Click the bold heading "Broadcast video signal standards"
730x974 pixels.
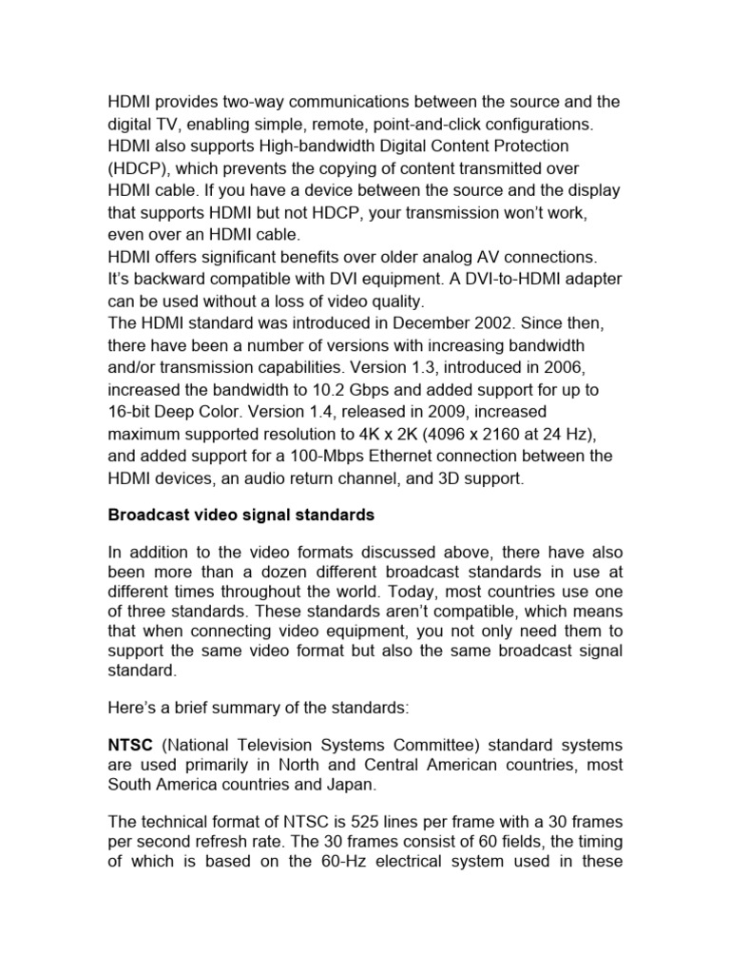240,516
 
